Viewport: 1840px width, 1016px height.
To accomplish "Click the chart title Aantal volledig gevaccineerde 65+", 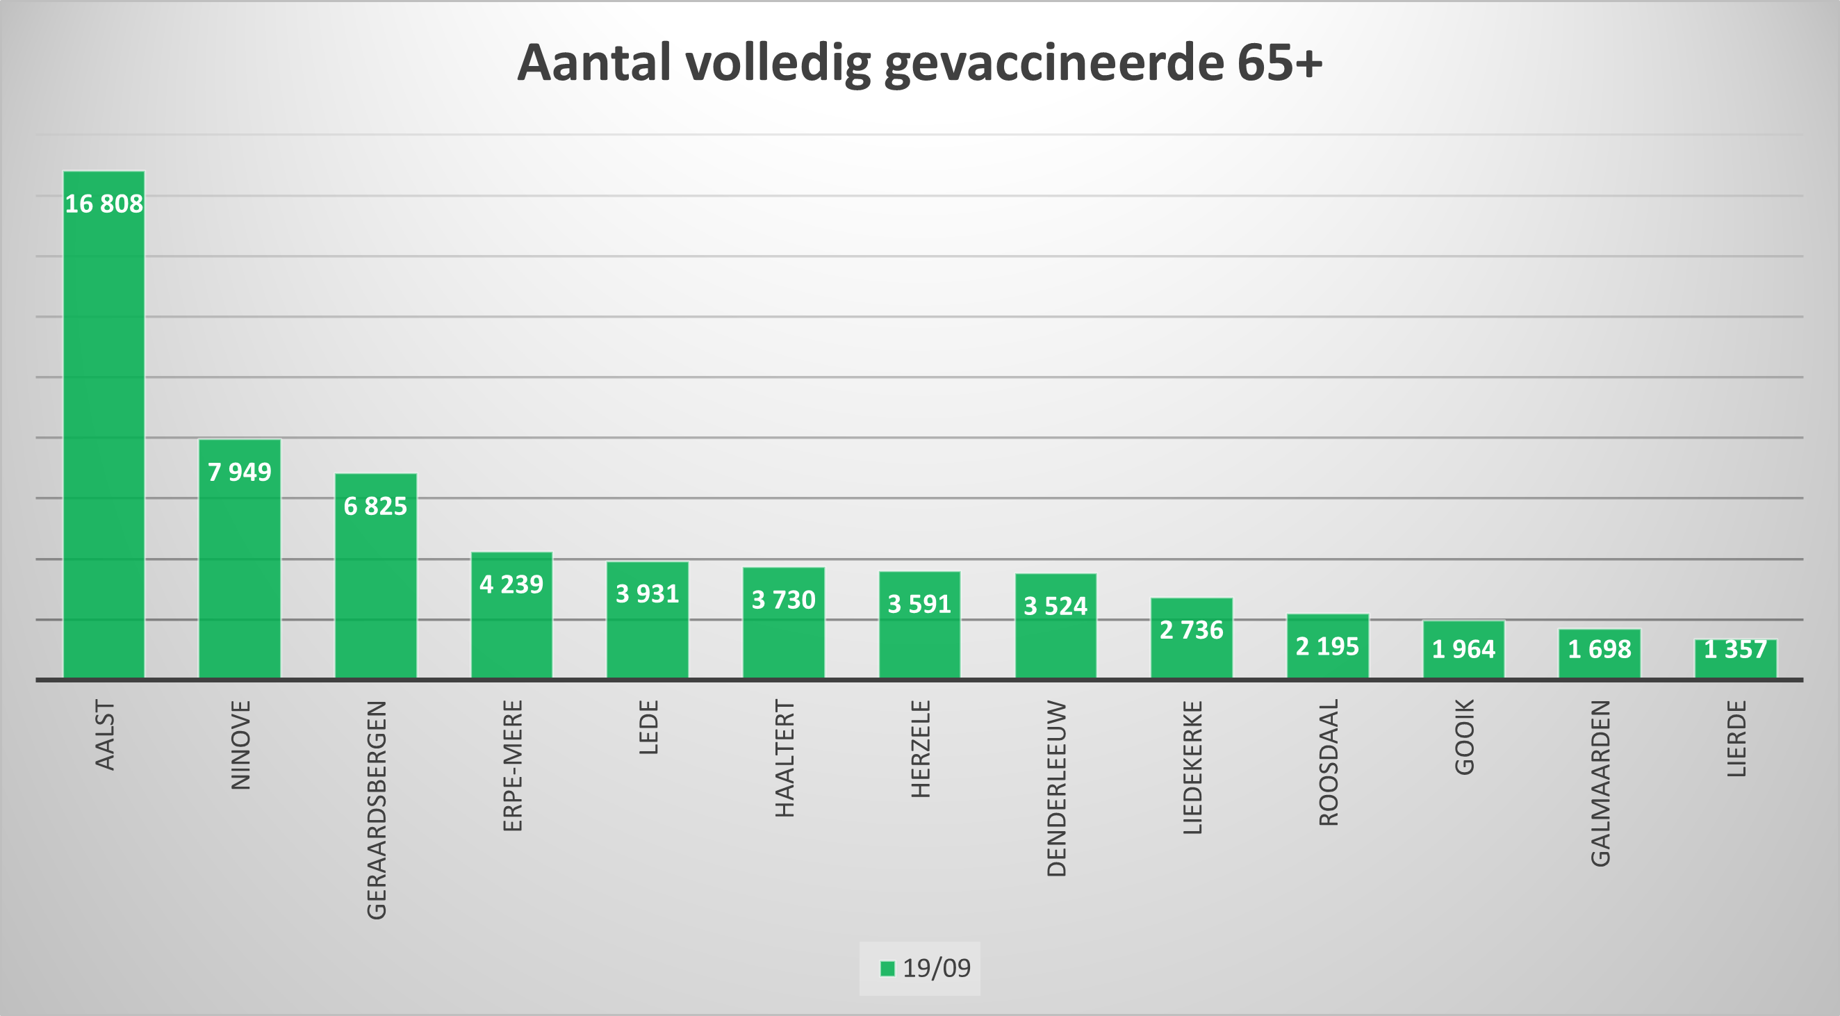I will pyautogui.click(x=919, y=63).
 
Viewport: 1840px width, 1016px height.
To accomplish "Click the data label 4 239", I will pyautogui.click(x=511, y=584).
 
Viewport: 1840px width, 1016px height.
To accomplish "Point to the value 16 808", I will pyautogui.click(x=104, y=204).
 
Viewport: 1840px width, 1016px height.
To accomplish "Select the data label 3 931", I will pyautogui.click(x=647, y=593).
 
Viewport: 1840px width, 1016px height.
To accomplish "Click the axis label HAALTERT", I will pyautogui.click(x=785, y=758).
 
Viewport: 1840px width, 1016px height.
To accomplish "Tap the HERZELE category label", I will pyautogui.click(x=920, y=748).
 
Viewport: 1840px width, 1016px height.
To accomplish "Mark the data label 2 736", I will pyautogui.click(x=1192, y=630).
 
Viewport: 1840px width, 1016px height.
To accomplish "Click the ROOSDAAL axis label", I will pyautogui.click(x=1329, y=762).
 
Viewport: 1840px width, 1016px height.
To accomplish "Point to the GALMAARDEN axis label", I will pyautogui.click(x=1601, y=783).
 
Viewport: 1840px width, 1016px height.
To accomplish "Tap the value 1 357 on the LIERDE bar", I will pyautogui.click(x=1735, y=650).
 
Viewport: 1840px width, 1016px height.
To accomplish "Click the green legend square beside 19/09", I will pyautogui.click(x=887, y=968).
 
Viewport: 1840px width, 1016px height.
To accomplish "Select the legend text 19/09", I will pyautogui.click(x=937, y=968).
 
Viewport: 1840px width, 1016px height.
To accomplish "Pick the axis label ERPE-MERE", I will pyautogui.click(x=513, y=765).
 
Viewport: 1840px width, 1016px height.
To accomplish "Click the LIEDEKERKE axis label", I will pyautogui.click(x=1192, y=767).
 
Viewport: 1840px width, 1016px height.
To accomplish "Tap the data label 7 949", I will pyautogui.click(x=239, y=473).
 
